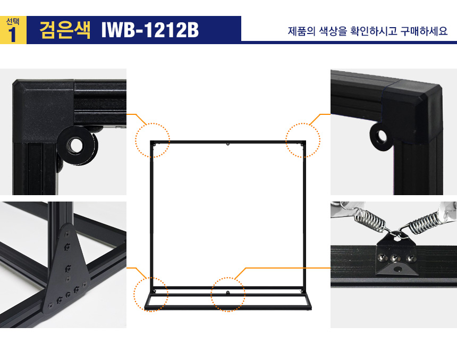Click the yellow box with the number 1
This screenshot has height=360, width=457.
click(13, 30)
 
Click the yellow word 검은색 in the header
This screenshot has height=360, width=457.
click(65, 30)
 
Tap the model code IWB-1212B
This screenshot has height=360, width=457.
click(150, 30)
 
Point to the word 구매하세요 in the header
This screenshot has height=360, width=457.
click(424, 31)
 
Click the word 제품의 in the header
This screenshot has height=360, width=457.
click(302, 31)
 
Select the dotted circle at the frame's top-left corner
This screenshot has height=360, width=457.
click(153, 140)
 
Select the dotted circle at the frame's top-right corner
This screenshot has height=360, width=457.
click(303, 140)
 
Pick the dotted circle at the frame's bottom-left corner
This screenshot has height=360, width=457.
click(151, 295)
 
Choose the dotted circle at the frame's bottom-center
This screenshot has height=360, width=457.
click(228, 295)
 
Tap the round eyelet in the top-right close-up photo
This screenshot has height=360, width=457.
click(380, 136)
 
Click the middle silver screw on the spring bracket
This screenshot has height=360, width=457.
click(395, 258)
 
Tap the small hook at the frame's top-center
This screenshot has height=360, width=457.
click(228, 144)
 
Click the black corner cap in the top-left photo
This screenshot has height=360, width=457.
click(44, 111)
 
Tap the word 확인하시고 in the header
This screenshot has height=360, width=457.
click(374, 31)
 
